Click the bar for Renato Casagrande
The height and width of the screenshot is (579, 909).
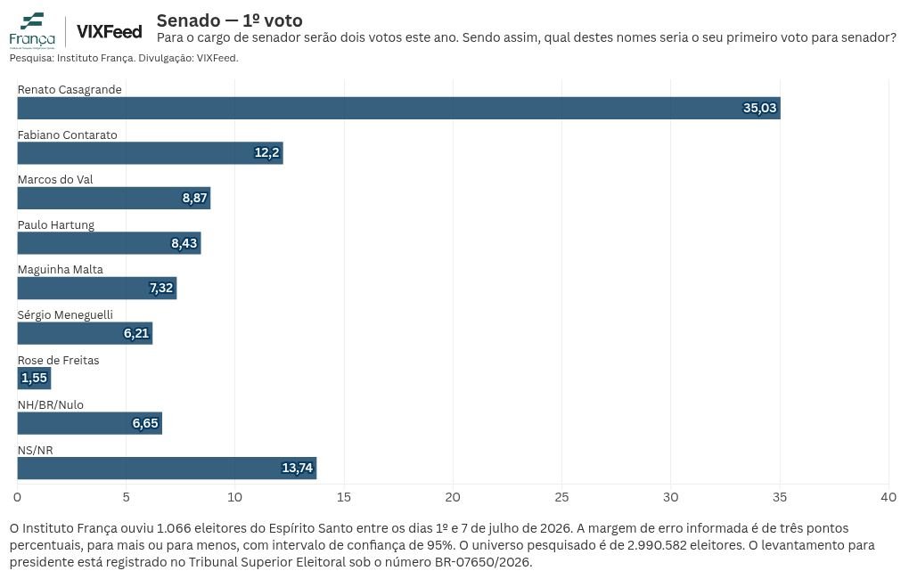[x=399, y=109]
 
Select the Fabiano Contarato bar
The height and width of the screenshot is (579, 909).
[x=150, y=153]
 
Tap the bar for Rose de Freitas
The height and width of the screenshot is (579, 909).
[x=34, y=379]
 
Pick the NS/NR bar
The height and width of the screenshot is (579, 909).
[x=167, y=469]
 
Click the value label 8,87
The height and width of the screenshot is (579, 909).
[x=195, y=199]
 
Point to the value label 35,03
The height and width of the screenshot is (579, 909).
[x=759, y=109]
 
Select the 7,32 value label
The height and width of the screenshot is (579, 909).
[x=161, y=288]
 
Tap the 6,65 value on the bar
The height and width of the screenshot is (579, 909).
[x=145, y=424]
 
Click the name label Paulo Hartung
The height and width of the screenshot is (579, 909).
[x=55, y=224]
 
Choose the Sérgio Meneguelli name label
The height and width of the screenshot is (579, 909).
[x=65, y=314]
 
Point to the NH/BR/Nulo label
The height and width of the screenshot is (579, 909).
[x=51, y=405]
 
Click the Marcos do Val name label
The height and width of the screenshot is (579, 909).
[x=55, y=180]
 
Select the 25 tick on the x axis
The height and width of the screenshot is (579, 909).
[x=561, y=497]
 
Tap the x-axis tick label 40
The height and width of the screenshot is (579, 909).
[x=889, y=497]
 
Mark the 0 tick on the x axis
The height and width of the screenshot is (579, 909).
[x=18, y=497]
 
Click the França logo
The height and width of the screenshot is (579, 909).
[x=32, y=30]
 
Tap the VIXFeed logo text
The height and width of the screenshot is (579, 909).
[x=109, y=32]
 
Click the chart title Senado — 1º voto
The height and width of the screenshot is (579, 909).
[x=230, y=20]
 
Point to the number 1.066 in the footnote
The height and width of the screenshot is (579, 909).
[x=174, y=528]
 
